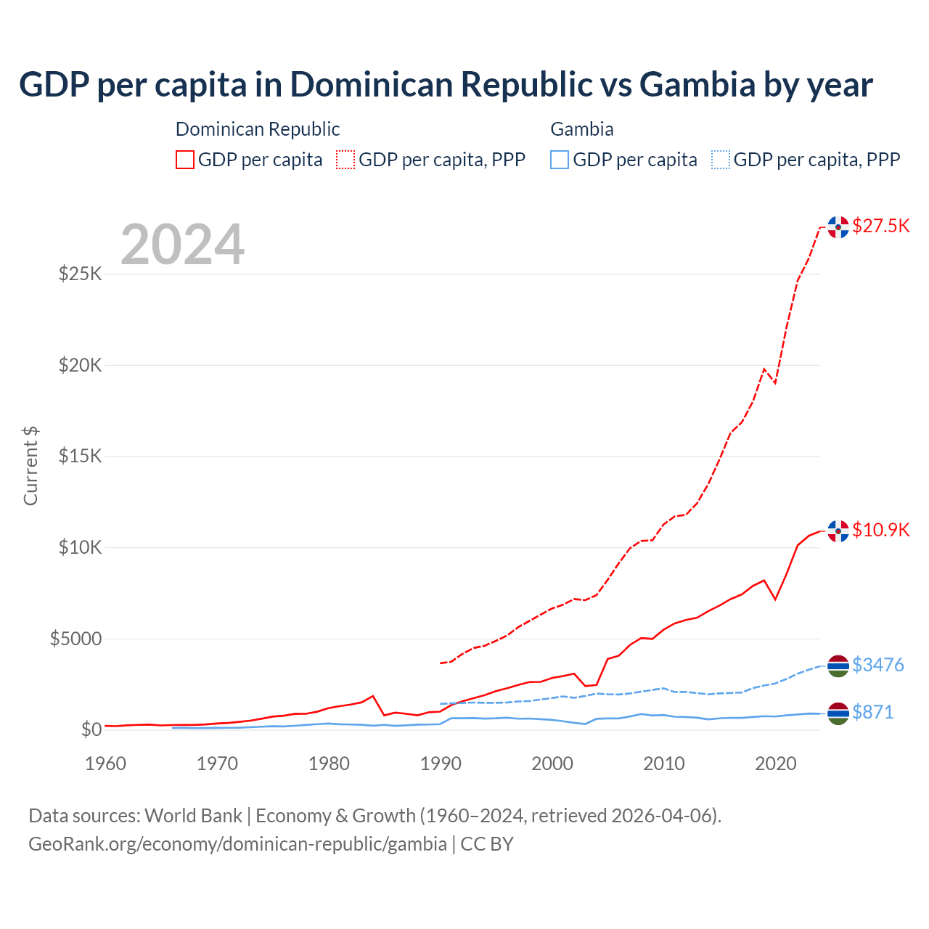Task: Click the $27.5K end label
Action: (880, 226)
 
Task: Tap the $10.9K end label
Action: (880, 530)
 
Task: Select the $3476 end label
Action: (877, 665)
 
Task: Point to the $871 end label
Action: (872, 712)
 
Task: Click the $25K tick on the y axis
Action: (80, 274)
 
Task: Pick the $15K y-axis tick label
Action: (80, 457)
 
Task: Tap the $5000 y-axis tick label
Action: (75, 639)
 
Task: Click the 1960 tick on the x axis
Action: (105, 764)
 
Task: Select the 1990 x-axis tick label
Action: (441, 764)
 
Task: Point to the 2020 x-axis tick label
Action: (776, 764)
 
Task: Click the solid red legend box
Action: (185, 160)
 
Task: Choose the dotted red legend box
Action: (345, 160)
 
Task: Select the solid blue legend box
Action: (560, 160)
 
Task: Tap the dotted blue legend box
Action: (720, 160)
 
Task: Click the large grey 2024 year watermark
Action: (182, 245)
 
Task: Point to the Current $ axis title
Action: (30, 465)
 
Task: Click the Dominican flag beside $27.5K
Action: (838, 227)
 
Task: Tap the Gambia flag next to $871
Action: (838, 713)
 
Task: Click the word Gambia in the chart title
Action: (697, 85)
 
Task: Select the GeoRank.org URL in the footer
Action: (237, 844)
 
